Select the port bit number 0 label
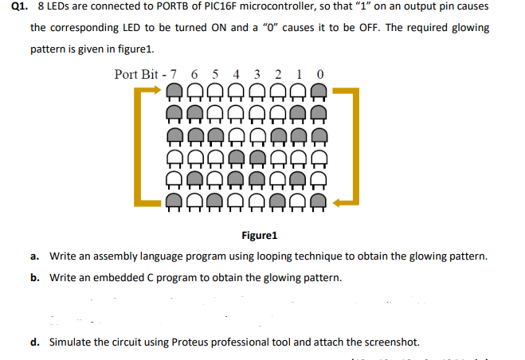click(x=319, y=75)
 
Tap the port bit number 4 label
click(x=236, y=75)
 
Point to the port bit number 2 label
click(x=277, y=75)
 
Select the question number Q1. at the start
click(x=22, y=6)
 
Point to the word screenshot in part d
click(x=390, y=342)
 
